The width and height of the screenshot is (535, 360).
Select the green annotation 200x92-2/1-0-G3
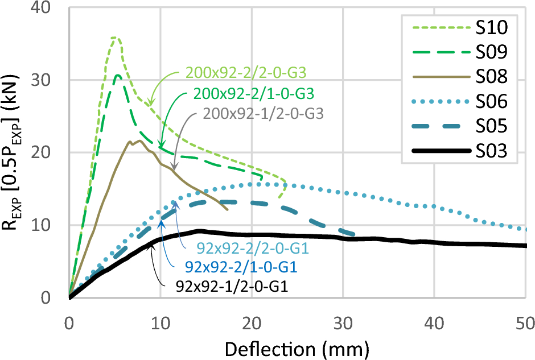coord(254,92)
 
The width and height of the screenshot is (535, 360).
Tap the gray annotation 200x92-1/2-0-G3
coord(262,113)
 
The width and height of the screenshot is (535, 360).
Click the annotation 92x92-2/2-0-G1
coord(241,249)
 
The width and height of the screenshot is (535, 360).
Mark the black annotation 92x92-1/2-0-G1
coord(232,286)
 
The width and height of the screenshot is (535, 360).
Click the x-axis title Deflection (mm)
coord(297,346)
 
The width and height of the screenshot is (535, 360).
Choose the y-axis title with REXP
coord(13,154)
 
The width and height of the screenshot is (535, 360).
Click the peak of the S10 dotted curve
coord(115,38)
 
